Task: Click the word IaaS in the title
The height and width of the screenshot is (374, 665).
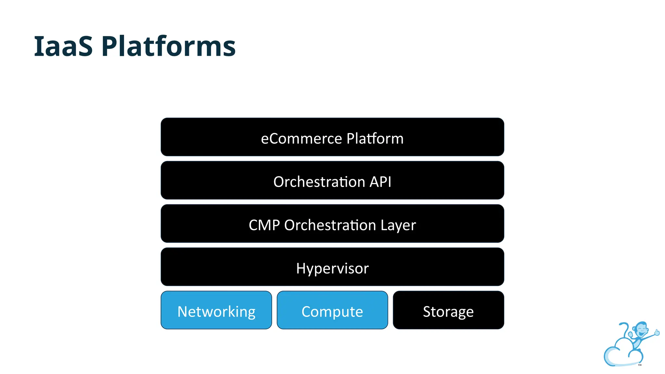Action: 63,46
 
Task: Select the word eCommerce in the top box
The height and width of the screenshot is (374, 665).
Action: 301,139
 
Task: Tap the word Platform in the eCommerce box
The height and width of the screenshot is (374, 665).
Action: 375,139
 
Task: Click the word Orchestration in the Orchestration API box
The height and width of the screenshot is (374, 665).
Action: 319,182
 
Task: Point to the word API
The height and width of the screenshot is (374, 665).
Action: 380,182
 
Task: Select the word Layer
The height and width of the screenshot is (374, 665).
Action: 398,225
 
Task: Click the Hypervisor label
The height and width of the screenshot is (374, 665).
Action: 332,268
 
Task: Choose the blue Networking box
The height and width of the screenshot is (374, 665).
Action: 216,310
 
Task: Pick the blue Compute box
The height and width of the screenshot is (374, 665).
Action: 332,310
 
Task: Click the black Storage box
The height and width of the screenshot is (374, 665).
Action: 448,310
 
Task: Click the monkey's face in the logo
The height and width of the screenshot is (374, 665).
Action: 641,330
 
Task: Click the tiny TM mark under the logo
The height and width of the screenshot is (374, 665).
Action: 640,365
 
